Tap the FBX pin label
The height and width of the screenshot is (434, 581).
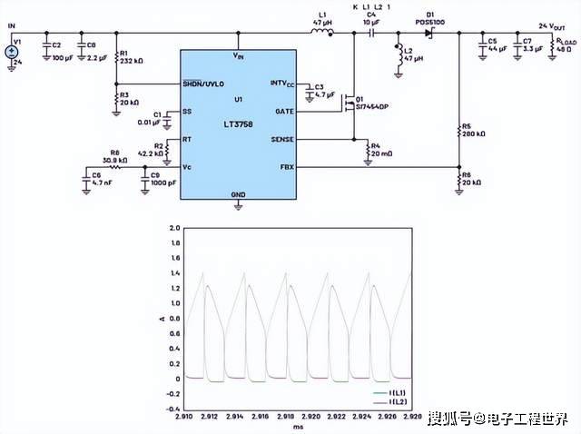(285, 167)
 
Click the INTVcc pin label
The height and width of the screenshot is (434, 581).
(281, 83)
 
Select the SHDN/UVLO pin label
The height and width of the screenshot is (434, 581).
(204, 83)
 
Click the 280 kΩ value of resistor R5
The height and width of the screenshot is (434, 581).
(474, 133)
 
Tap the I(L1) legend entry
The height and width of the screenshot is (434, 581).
(398, 391)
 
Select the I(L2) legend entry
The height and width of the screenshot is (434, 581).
(398, 400)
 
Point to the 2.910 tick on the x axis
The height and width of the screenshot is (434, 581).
(185, 416)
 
